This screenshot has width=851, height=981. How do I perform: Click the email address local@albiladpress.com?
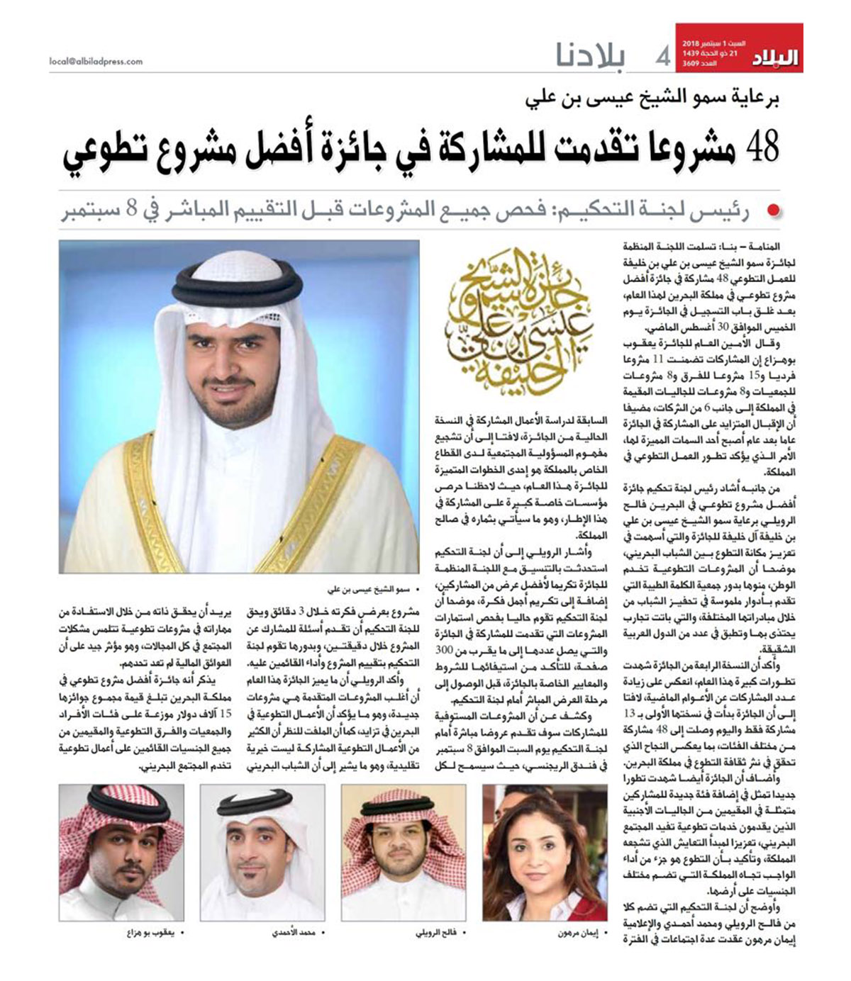pos(96,62)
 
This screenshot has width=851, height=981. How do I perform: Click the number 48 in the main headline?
pos(762,147)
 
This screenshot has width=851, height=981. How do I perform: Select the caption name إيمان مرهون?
pos(573,934)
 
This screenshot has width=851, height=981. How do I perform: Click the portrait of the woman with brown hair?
pos(545,852)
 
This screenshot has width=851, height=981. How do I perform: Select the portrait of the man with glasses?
pos(404,852)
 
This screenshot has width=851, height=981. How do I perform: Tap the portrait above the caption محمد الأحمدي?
pos(262,852)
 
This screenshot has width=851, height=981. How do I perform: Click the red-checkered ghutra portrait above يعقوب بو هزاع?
pos(121,852)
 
